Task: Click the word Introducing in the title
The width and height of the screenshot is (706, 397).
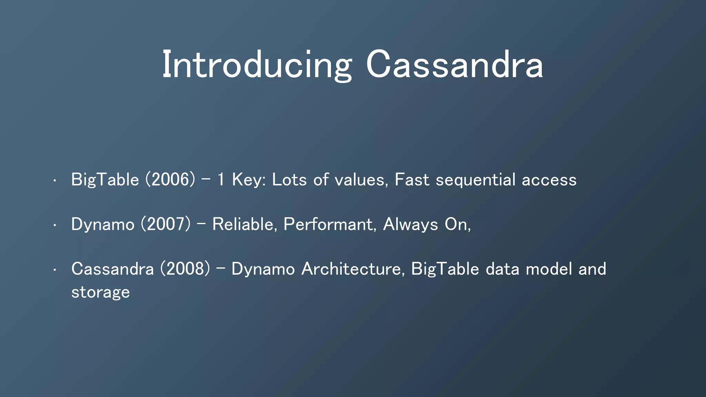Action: tap(257, 65)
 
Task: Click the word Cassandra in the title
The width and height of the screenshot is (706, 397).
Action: tap(454, 65)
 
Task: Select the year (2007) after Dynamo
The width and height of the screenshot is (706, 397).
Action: tap(165, 224)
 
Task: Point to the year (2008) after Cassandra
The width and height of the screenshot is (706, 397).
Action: tap(185, 269)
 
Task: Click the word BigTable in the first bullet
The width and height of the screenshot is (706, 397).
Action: tap(105, 180)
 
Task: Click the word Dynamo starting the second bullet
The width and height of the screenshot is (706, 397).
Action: tap(103, 224)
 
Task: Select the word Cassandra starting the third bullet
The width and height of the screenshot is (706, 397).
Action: tap(112, 269)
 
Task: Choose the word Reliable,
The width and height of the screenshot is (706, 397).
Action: tap(245, 224)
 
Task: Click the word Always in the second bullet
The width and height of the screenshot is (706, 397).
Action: tap(410, 224)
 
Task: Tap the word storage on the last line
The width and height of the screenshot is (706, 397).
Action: tap(100, 292)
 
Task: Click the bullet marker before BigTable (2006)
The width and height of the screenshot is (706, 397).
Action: tap(54, 180)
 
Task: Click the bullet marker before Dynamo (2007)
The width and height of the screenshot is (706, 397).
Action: tap(54, 225)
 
